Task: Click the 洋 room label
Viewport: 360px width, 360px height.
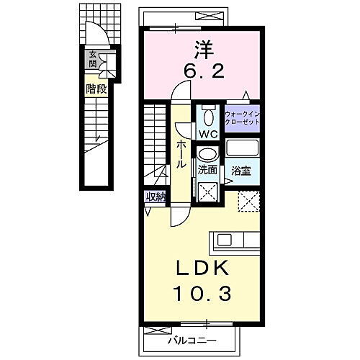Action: point(204,50)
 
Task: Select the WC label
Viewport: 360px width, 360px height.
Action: point(207,133)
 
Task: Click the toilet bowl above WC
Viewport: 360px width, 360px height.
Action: point(207,115)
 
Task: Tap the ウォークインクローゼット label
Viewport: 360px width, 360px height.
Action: point(241,119)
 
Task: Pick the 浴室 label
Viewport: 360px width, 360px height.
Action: point(240,171)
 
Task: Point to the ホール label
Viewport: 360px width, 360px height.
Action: point(179,154)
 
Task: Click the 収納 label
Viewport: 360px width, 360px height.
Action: point(156,197)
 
